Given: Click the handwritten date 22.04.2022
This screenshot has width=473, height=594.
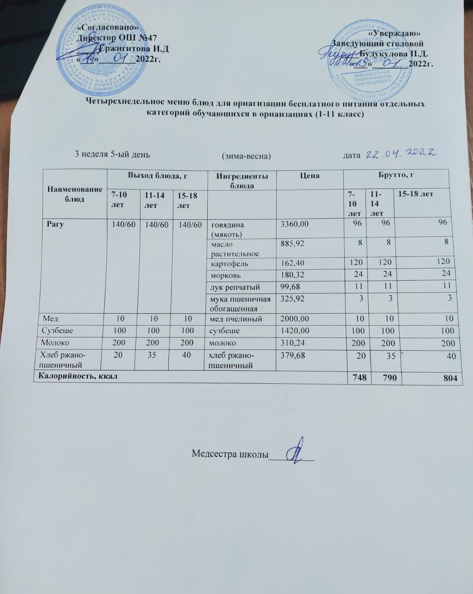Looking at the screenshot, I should click(x=401, y=154).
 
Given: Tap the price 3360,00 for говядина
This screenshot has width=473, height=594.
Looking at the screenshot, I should click(x=294, y=224).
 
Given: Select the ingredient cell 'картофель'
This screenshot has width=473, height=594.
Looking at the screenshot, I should click(x=230, y=264).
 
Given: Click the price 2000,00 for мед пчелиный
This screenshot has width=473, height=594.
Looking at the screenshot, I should click(x=294, y=319).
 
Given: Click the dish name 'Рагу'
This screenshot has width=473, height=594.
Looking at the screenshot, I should click(x=55, y=224).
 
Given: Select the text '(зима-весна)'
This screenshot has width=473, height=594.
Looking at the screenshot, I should click(x=246, y=156).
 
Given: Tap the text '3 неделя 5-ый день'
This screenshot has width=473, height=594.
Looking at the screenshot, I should click(x=113, y=154).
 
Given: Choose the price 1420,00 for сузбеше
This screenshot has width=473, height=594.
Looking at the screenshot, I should click(x=294, y=331).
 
